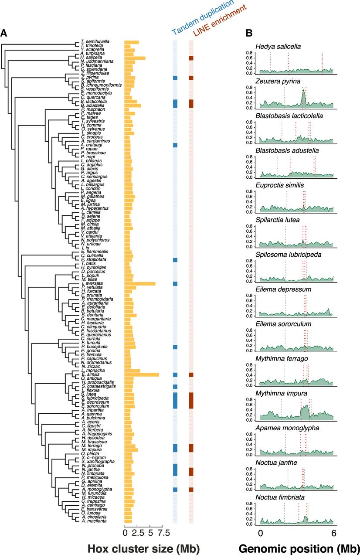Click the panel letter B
click(x=248, y=32)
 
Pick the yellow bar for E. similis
click(x=142, y=374)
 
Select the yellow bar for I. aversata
click(x=140, y=283)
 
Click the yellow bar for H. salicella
click(x=135, y=58)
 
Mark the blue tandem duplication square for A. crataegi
click(x=175, y=145)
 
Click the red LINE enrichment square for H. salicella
click(x=191, y=58)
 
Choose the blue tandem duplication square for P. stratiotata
click(x=175, y=260)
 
